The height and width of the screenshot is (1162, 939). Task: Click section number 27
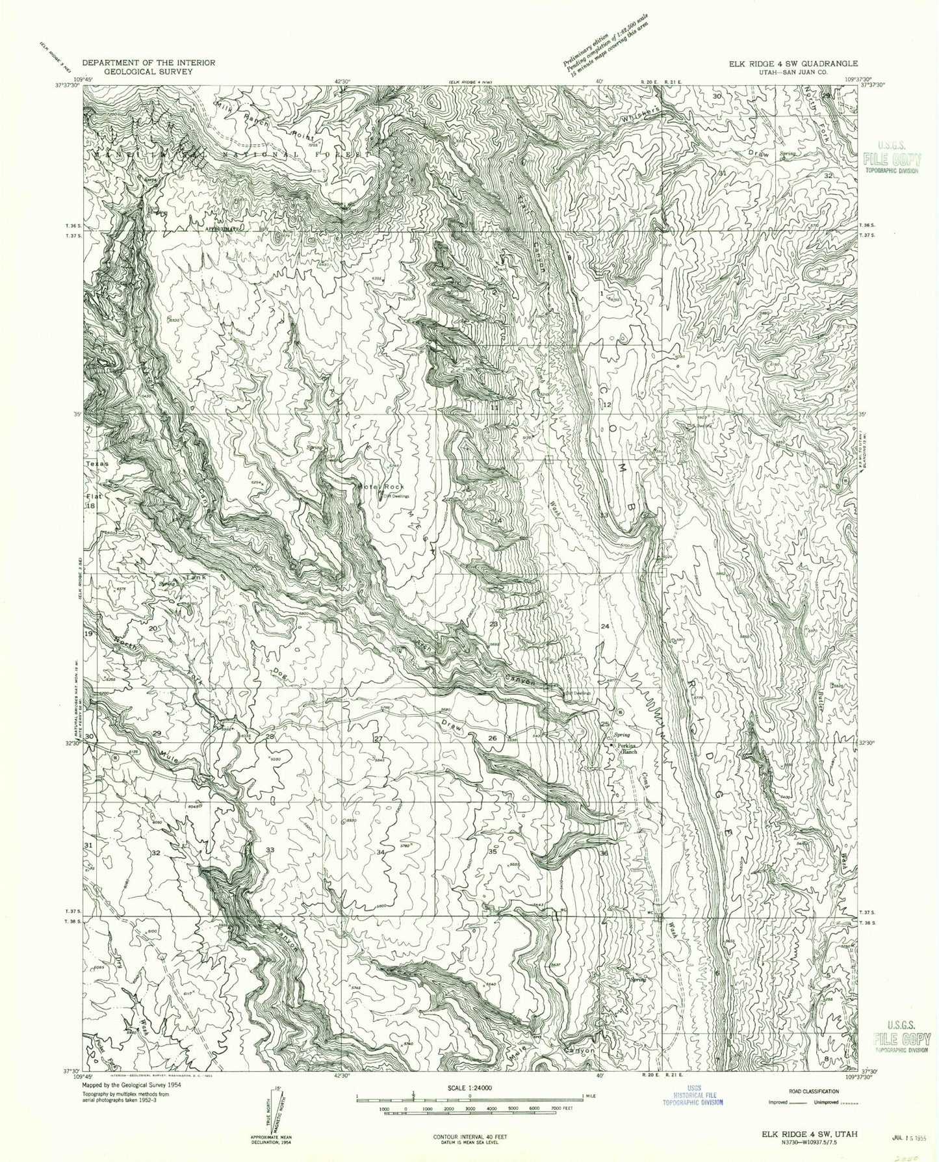[376, 739]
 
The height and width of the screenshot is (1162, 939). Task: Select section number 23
[494, 624]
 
